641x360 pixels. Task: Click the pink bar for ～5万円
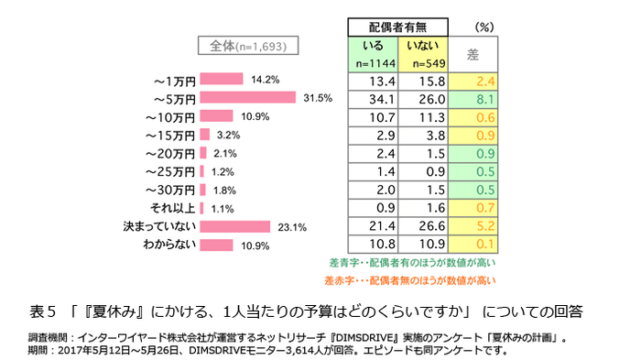point(247,98)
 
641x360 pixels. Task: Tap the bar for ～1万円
point(221,80)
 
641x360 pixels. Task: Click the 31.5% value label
point(316,98)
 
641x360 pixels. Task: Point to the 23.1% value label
point(291,227)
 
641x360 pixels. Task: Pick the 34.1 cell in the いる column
point(373,99)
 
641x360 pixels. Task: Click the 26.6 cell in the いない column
point(425,226)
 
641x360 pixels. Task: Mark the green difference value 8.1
point(485,99)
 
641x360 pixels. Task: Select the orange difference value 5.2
point(485,226)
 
